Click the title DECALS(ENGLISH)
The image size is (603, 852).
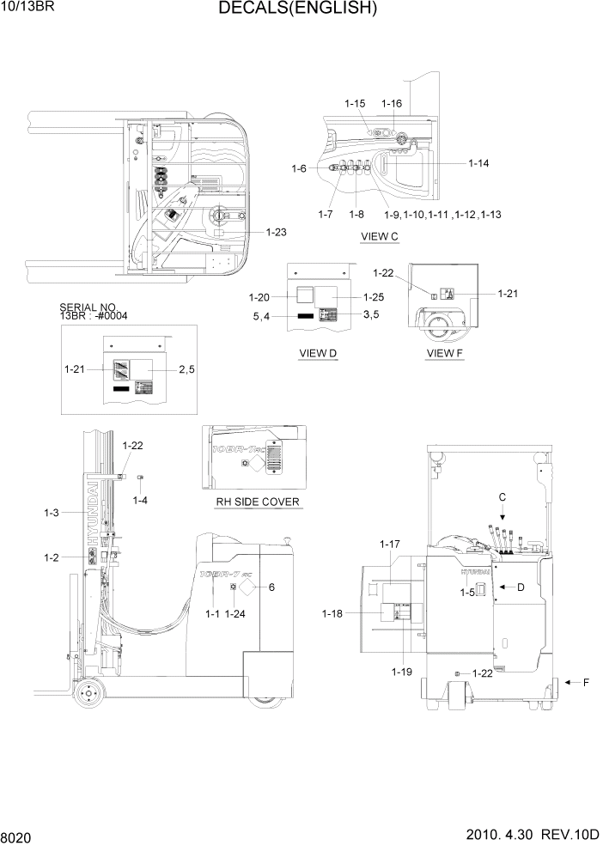tap(297, 9)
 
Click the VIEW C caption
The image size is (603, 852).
tap(381, 235)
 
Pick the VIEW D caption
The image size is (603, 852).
tap(318, 353)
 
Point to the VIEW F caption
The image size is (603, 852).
tap(445, 353)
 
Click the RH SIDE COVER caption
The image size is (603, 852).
tap(253, 502)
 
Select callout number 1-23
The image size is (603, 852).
tap(277, 232)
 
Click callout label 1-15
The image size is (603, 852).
tap(356, 104)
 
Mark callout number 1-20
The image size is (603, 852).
tap(259, 297)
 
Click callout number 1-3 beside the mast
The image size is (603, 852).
tap(51, 513)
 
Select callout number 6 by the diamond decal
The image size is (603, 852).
tap(271, 587)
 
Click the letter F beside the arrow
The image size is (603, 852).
tap(587, 683)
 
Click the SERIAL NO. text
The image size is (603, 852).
tap(88, 307)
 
